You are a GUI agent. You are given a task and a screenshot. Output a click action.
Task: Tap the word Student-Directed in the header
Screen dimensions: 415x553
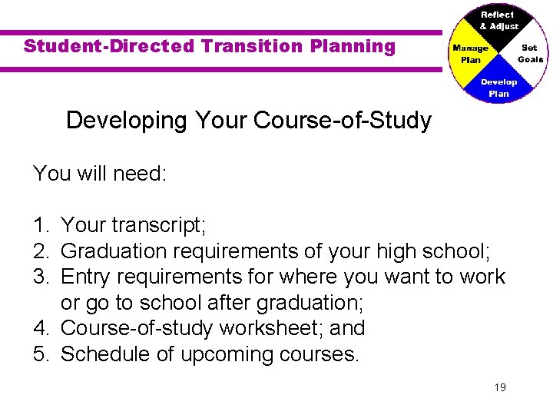coord(109,46)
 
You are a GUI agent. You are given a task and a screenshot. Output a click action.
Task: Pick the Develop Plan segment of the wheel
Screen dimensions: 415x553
coord(498,87)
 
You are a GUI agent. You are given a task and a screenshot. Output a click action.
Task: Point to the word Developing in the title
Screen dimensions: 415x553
coord(127,121)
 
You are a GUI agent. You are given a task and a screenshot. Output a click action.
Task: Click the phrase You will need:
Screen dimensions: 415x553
coord(99,173)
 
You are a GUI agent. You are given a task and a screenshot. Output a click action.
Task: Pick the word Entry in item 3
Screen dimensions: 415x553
coord(86,277)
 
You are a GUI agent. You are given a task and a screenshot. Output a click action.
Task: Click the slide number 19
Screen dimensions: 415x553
coord(500,387)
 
